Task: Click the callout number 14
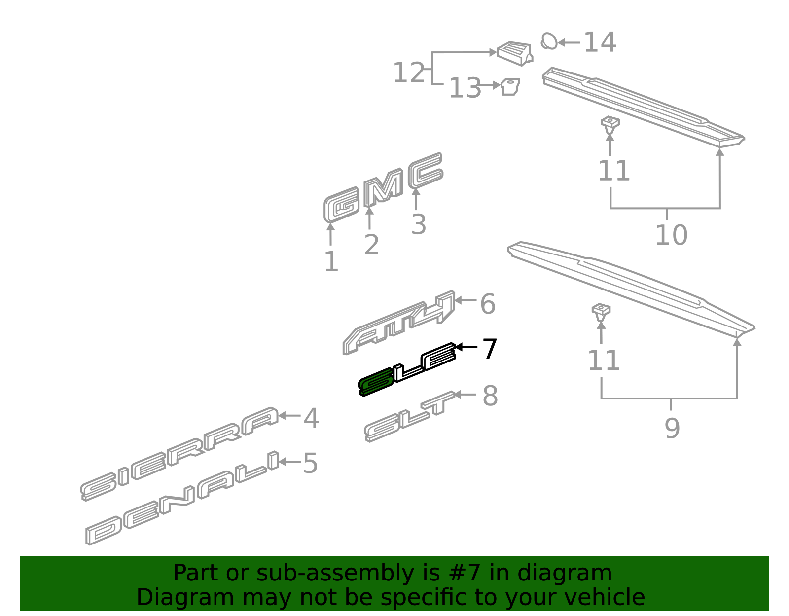coord(600,42)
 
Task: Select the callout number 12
coord(408,73)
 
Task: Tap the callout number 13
coord(465,88)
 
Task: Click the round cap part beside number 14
coord(549,41)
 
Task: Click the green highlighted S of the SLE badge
coord(376,382)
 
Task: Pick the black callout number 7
coord(489,349)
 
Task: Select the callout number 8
coord(490,396)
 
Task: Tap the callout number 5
coord(310,464)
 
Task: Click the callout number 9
coord(672,428)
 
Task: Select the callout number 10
coord(671,235)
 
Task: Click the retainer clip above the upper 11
coord(610,124)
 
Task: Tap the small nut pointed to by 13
coord(510,87)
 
